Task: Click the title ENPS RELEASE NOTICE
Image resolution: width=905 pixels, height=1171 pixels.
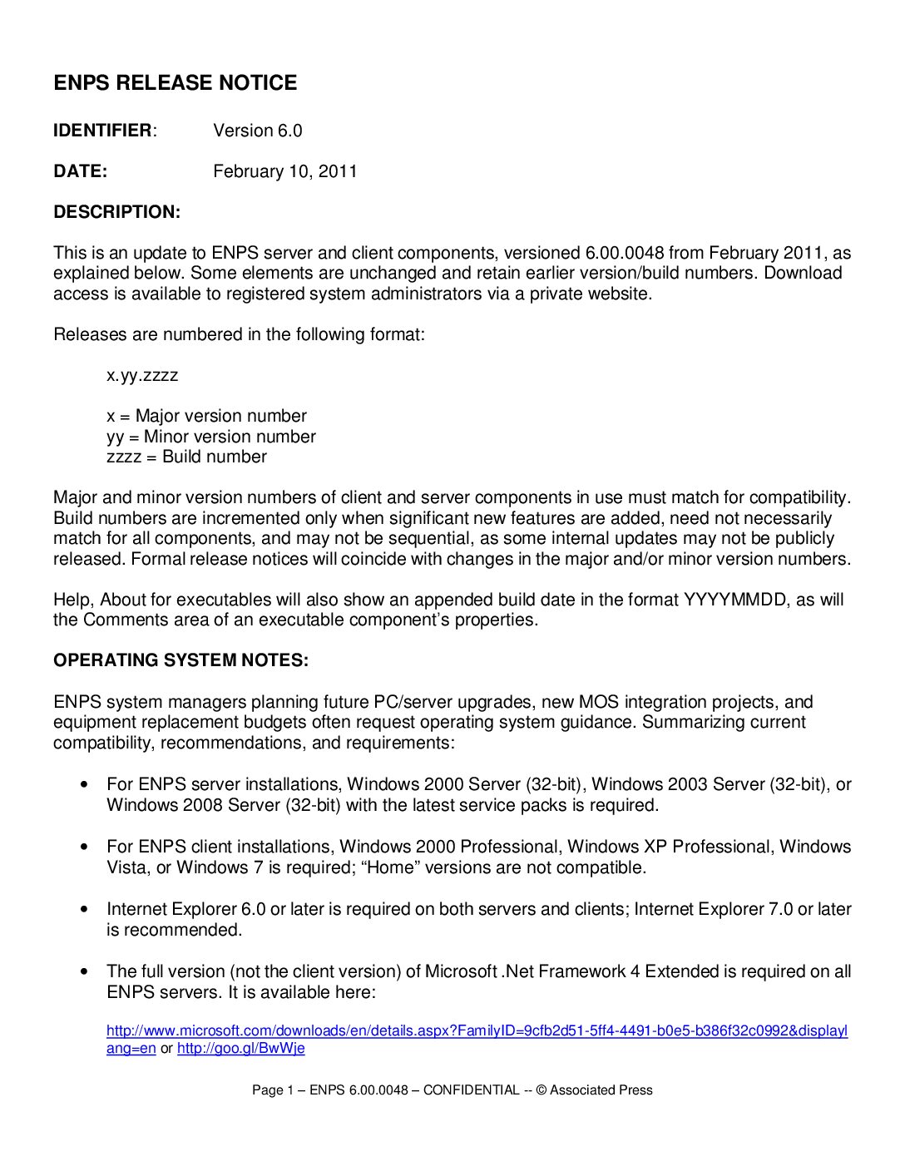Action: [x=175, y=83]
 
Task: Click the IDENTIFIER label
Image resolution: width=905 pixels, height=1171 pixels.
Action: [x=103, y=131]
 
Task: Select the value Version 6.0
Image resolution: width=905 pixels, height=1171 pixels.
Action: [x=257, y=131]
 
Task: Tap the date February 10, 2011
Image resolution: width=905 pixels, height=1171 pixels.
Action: [x=284, y=171]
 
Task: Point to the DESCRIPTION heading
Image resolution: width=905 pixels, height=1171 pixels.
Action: [x=116, y=212]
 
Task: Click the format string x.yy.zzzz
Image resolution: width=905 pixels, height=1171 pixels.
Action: [x=142, y=375]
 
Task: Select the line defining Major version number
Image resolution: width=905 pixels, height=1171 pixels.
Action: [x=206, y=416]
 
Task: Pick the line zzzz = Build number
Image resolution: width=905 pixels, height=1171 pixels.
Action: [x=186, y=457]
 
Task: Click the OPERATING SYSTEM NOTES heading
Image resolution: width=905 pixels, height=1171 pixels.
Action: [x=181, y=660]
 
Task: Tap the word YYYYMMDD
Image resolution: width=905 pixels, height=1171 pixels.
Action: [x=734, y=600]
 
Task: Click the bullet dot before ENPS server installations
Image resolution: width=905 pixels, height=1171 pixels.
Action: [x=84, y=784]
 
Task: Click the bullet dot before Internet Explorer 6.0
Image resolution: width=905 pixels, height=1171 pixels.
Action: [x=84, y=909]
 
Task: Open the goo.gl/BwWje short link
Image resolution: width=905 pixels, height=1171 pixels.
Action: [x=240, y=1049]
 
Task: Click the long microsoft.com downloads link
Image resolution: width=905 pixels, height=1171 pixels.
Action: [x=477, y=1031]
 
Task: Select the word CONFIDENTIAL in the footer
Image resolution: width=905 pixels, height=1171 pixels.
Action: [x=471, y=1090]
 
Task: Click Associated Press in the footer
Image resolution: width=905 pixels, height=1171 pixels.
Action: [x=601, y=1090]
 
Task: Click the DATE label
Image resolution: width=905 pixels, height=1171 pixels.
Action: [x=80, y=171]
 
